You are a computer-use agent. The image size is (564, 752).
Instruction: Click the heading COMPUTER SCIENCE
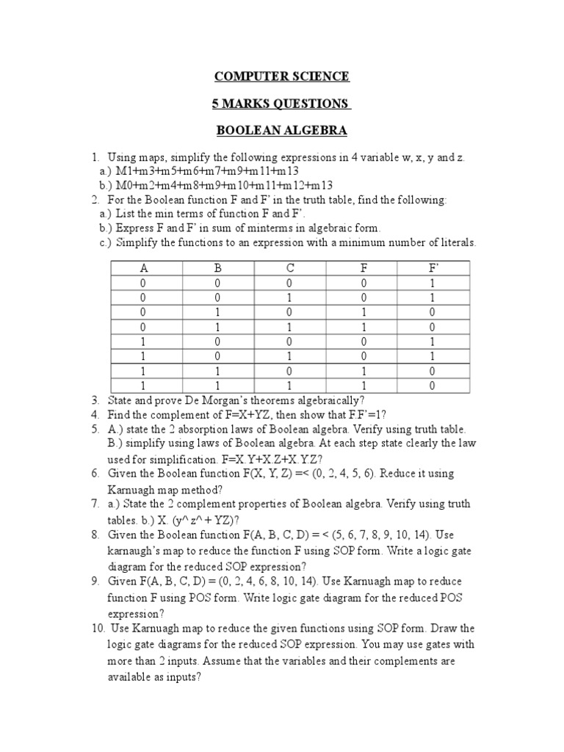tap(281, 76)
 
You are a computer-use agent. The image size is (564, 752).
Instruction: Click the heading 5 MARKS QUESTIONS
tap(281, 104)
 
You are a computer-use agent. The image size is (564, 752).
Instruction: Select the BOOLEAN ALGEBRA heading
tap(281, 131)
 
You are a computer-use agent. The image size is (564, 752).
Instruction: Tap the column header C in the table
tap(290, 268)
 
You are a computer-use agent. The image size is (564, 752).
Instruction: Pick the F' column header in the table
tap(433, 268)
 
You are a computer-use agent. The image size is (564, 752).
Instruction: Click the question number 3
tap(95, 400)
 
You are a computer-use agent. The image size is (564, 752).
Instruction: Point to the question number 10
tap(98, 629)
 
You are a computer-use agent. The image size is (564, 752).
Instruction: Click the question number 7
tap(95, 505)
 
